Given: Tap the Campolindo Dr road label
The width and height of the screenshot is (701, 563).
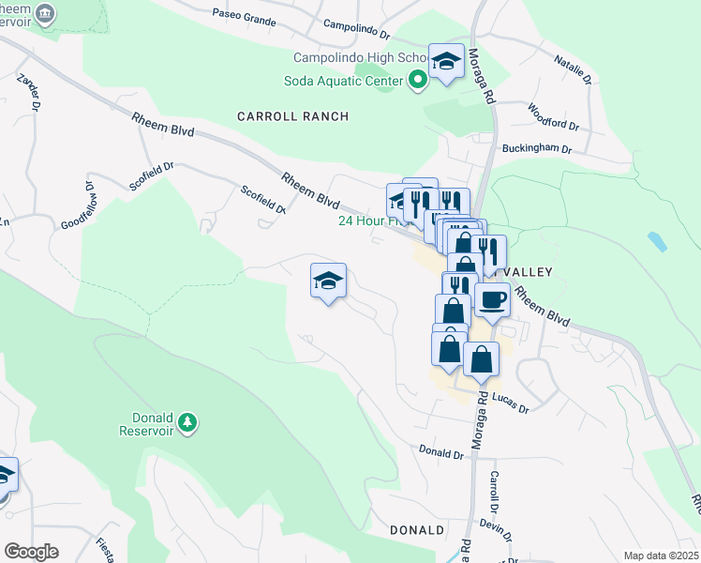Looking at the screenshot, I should pos(356,28).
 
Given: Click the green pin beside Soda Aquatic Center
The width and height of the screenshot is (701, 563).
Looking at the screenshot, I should pos(417,80).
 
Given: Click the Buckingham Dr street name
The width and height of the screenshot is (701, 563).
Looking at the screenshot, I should pos(537,148).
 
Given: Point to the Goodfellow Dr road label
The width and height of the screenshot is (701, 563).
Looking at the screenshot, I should pos(91,205).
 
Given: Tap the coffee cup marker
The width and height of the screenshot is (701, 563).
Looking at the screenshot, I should pos(492,299).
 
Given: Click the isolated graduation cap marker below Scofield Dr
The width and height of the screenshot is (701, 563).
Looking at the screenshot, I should pos(328,281).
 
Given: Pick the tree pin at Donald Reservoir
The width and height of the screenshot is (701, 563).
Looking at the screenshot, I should pos(187,422).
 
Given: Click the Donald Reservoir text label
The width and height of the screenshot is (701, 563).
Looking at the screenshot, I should pos(158,423).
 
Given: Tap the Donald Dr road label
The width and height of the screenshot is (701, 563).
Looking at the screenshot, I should pos(441,453).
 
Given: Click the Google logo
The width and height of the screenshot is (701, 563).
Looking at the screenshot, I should pos(32,552).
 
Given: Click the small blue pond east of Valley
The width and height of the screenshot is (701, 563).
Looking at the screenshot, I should pos(657,242).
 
